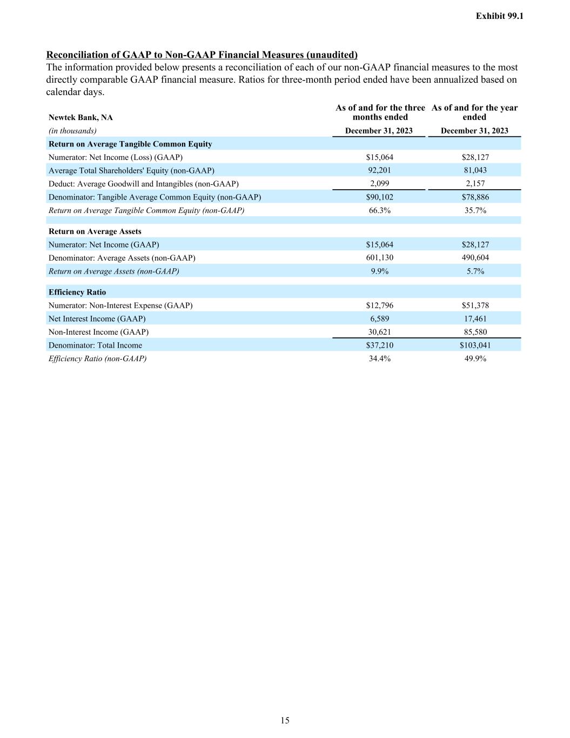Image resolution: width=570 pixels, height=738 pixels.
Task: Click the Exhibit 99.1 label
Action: click(x=499, y=16)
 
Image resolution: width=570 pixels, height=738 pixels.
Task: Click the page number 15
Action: click(x=285, y=720)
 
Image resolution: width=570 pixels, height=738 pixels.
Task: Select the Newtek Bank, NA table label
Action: click(x=81, y=117)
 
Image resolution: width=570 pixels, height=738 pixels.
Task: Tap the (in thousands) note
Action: click(x=72, y=131)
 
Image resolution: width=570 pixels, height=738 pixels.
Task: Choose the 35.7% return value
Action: click(x=475, y=210)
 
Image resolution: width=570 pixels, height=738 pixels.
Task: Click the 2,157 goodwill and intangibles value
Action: click(x=475, y=183)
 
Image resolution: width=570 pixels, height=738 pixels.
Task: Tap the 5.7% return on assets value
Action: click(x=475, y=271)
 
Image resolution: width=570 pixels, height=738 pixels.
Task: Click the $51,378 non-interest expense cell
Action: click(x=475, y=305)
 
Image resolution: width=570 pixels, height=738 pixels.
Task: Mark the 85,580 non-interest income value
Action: click(x=475, y=332)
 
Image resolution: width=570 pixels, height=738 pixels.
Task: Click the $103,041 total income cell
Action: click(x=475, y=345)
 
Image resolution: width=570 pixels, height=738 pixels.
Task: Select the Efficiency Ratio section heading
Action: click(x=77, y=292)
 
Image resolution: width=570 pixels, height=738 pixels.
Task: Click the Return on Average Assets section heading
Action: click(x=95, y=231)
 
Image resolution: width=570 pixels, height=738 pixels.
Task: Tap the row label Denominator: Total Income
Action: click(x=95, y=345)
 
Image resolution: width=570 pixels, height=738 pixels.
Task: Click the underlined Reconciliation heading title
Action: click(x=202, y=55)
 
